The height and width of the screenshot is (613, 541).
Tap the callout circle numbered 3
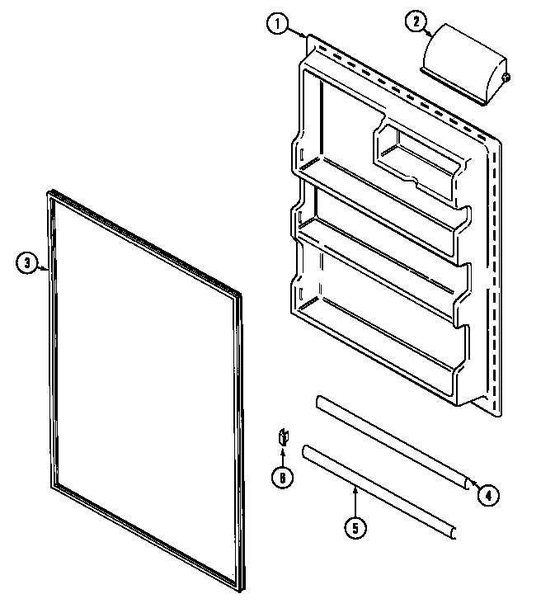click(x=26, y=264)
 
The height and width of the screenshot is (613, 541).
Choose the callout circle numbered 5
click(x=355, y=529)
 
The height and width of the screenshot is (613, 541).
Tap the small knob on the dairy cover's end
click(x=505, y=78)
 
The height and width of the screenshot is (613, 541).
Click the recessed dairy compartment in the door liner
click(x=416, y=157)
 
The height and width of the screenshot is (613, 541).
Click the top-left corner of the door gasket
click(x=46, y=195)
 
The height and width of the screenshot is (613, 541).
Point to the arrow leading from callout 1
click(x=299, y=32)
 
